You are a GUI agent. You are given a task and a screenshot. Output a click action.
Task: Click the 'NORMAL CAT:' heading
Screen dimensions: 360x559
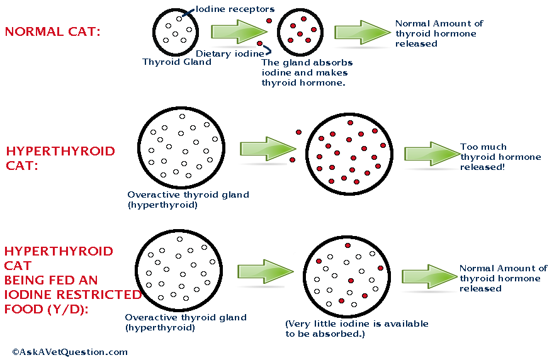point(52,32)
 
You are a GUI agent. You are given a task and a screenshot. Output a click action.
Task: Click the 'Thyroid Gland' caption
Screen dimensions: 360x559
point(176,62)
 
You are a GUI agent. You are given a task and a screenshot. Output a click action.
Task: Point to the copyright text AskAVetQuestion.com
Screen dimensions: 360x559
point(70,352)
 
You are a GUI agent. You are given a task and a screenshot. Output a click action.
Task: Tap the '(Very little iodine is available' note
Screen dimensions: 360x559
point(357,323)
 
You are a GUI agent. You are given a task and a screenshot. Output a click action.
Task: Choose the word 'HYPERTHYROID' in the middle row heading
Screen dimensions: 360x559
point(60,152)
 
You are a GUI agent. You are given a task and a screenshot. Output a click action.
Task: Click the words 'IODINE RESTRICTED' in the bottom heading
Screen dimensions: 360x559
point(73,294)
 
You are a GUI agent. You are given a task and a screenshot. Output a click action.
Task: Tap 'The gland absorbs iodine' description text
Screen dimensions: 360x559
point(307,72)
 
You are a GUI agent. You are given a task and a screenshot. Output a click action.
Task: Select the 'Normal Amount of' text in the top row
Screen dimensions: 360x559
point(439,24)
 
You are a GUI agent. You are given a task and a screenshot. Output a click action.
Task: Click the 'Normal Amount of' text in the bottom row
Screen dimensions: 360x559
point(503,268)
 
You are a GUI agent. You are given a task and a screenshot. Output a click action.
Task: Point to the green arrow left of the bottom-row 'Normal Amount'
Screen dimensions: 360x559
point(430,276)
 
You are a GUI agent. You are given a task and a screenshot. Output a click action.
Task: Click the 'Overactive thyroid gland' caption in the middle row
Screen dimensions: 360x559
point(188,194)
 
